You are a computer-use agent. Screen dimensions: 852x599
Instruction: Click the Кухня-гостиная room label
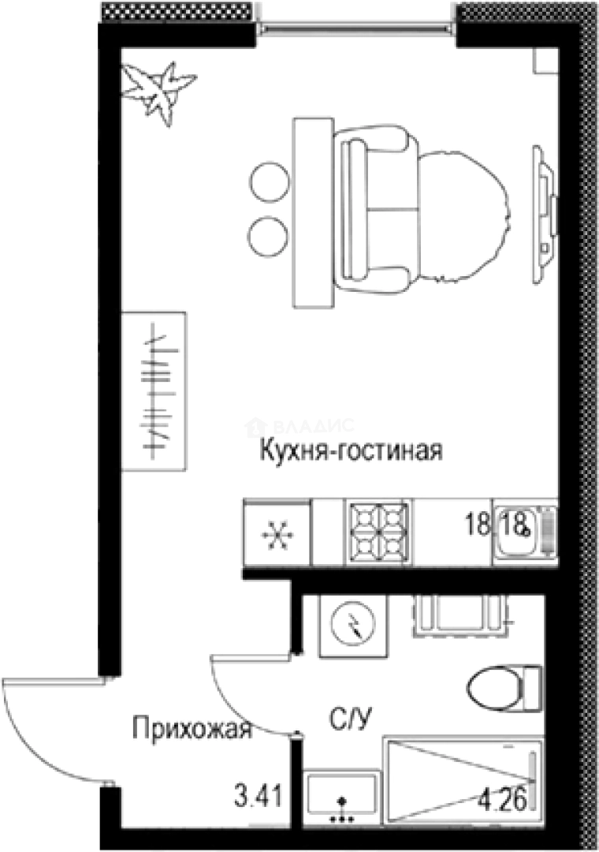click(x=351, y=451)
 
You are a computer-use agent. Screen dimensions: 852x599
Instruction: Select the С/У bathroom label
click(x=350, y=719)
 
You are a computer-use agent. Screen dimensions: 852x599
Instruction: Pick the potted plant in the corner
click(x=158, y=89)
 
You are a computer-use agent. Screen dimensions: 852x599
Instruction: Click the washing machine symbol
click(x=353, y=626)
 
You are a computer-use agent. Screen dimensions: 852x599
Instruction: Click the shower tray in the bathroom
click(x=461, y=777)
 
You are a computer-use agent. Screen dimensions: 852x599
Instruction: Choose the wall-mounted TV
click(x=544, y=213)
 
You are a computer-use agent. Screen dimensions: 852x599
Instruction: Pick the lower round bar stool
click(x=269, y=234)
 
